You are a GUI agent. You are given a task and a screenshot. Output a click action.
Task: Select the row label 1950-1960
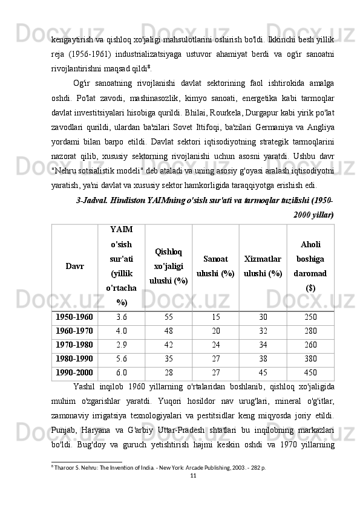(74, 317)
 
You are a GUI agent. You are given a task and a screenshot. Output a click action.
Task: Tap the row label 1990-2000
(74, 373)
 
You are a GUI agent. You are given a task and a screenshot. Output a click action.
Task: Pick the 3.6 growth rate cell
(121, 317)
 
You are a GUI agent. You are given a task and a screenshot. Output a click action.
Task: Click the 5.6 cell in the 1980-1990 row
(121, 359)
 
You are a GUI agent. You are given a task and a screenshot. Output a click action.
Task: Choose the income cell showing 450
(310, 373)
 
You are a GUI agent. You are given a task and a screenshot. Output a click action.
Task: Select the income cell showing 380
(310, 359)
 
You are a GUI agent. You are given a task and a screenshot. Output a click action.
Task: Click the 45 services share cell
(263, 373)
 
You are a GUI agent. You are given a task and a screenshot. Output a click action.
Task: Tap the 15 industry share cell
(216, 317)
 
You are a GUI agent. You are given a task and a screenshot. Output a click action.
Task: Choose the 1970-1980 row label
(74, 345)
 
